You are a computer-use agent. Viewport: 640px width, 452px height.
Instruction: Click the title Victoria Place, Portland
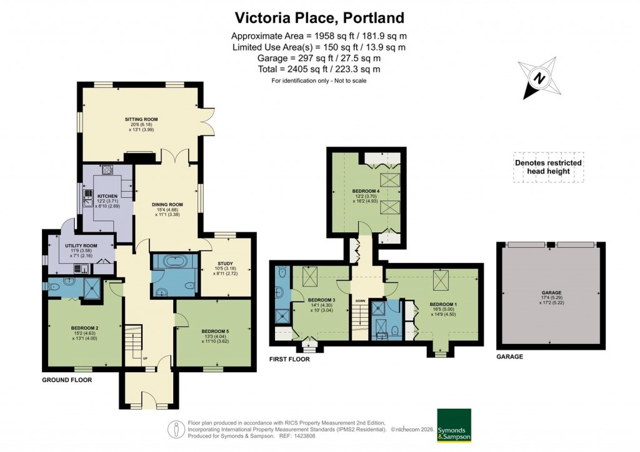(319, 17)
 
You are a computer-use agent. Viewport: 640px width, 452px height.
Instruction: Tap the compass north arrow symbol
(537, 78)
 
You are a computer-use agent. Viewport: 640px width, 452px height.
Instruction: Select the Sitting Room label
(141, 119)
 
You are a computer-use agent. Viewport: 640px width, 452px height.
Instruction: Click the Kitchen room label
(107, 197)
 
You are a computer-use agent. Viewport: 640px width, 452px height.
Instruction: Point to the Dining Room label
(167, 204)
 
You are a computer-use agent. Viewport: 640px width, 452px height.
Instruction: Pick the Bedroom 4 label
(366, 190)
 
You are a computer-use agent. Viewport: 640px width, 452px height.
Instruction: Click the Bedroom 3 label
(321, 301)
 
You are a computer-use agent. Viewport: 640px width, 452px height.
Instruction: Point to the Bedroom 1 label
(444, 305)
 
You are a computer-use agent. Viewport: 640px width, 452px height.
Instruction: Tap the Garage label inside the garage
(551, 292)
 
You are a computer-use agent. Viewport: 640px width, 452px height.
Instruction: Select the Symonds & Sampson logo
(454, 426)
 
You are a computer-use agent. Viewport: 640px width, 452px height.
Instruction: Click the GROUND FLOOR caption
(67, 380)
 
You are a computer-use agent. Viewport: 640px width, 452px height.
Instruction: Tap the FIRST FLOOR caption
(289, 359)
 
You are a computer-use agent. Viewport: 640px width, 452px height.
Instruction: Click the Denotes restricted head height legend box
(548, 167)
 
